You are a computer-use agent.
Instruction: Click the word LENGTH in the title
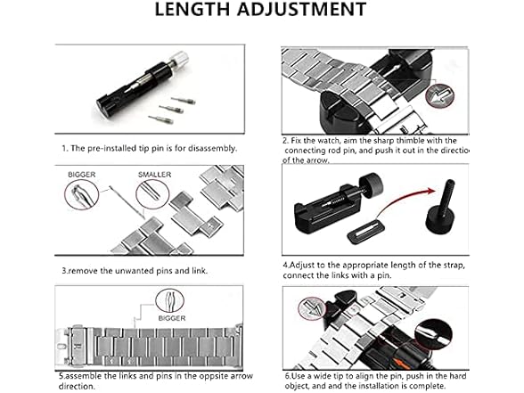(192, 9)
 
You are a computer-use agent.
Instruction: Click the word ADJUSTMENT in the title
(302, 9)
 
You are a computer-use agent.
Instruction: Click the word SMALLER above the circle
(154, 175)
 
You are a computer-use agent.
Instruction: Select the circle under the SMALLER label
(152, 194)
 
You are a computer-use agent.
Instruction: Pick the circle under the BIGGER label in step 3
(82, 194)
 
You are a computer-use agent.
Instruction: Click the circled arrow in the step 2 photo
(440, 95)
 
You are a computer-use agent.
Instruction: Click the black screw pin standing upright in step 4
(440, 207)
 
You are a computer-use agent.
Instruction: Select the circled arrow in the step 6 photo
(312, 308)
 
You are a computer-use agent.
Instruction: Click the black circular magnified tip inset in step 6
(433, 335)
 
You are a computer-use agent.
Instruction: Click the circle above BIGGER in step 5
(169, 301)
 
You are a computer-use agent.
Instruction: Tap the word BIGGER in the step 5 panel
(172, 318)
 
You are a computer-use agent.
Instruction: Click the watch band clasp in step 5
(74, 346)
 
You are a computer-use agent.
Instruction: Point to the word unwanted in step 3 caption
(132, 271)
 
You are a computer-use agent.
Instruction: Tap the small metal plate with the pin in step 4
(366, 231)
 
